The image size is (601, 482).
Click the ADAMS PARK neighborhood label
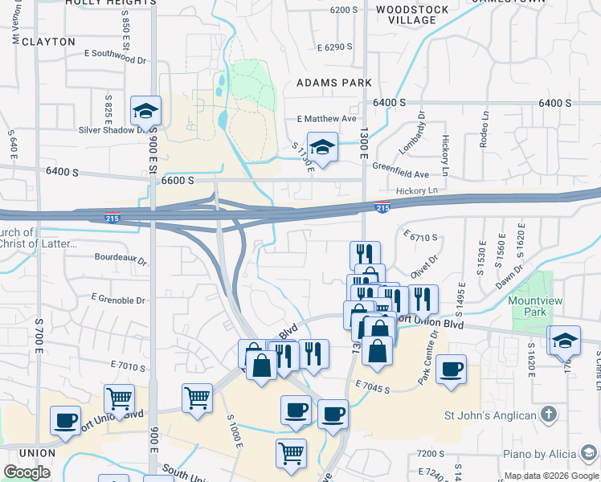tap(333, 83)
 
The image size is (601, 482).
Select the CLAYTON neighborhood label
tap(48, 41)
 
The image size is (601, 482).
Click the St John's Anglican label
tap(490, 415)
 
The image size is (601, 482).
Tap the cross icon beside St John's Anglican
tap(548, 415)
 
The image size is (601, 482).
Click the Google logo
tap(27, 472)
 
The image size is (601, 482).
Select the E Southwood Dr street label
tap(116, 57)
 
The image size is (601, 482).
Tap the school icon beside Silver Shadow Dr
tap(146, 111)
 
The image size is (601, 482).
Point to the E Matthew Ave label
tap(325, 119)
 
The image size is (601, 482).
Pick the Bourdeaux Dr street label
tap(121, 260)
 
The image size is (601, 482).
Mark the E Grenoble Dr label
tap(118, 300)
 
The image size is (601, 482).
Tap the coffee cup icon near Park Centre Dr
tap(452, 370)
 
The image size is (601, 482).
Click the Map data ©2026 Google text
tap(551, 475)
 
